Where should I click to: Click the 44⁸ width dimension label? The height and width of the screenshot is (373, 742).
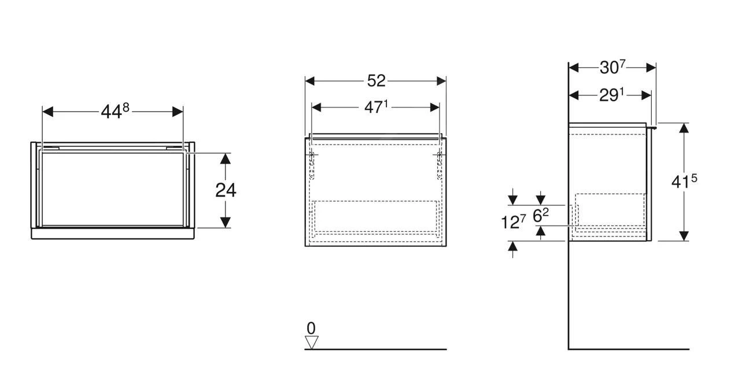click(x=115, y=110)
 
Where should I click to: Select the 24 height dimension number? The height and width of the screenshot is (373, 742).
click(x=226, y=190)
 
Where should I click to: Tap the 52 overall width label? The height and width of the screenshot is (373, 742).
click(x=376, y=81)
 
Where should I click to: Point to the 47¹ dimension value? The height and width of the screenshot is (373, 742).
click(x=376, y=107)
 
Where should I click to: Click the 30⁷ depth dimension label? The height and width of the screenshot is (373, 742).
click(x=612, y=67)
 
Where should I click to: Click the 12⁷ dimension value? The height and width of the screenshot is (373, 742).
click(x=513, y=221)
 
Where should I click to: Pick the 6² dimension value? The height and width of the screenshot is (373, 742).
click(x=541, y=215)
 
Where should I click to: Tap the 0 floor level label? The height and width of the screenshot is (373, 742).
click(x=311, y=328)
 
